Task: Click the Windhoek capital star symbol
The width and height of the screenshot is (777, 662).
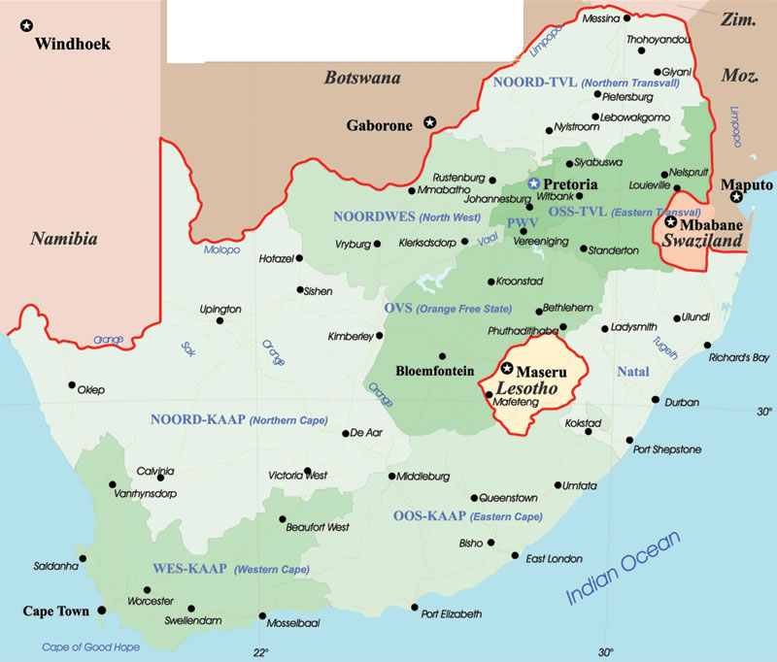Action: coord(26,26)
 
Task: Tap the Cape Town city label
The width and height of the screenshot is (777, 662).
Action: coord(56,612)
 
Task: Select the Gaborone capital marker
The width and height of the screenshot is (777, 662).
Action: coord(429,122)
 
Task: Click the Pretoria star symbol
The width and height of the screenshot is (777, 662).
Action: coord(532,183)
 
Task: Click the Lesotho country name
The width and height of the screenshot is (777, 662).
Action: coord(525,387)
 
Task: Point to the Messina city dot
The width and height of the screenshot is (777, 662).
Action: coord(626,17)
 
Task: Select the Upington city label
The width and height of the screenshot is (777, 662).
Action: coord(219,309)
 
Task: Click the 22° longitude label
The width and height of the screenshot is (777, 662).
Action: coord(260,651)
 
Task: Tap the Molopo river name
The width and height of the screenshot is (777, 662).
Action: coord(220,249)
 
